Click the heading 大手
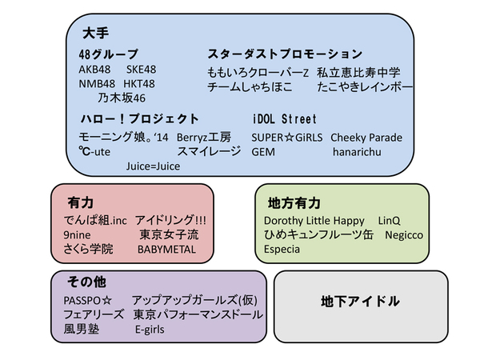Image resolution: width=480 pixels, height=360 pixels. coord(95,34)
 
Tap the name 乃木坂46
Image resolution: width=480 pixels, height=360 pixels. coord(122,98)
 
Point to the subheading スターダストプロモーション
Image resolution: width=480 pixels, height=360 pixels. coord(285,54)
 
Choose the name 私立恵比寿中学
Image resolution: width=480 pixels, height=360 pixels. coord(358,72)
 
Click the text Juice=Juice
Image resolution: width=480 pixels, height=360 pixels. coord(153,166)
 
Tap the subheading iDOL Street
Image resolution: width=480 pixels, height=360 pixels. coord(284,119)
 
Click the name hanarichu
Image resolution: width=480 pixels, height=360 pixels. coord(358,151)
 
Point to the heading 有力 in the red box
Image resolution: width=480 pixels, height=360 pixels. coord(80,203)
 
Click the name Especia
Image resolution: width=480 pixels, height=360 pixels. coord(282,249)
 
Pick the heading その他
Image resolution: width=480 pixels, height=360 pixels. coord(84,282)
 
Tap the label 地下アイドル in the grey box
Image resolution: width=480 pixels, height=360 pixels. coord(359,302)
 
